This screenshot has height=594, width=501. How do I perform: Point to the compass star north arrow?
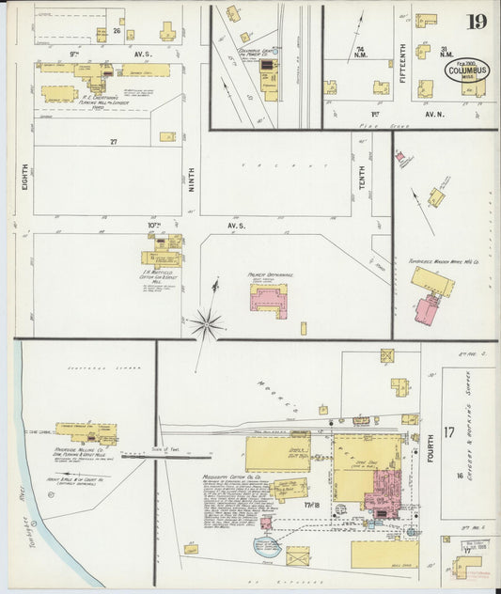[206, 325]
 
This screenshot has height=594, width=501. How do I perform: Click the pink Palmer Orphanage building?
[269, 298]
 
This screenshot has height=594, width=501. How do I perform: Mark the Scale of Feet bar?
[179, 457]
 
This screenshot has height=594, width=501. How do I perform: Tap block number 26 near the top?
[117, 31]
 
